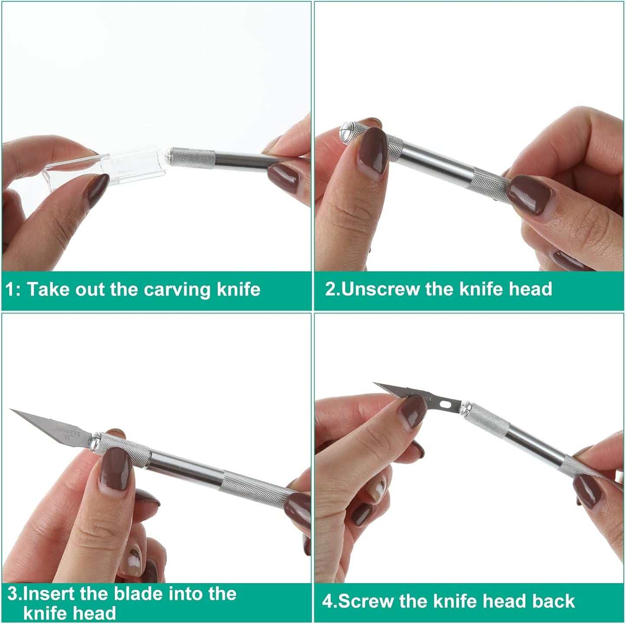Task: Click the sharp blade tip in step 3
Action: (x=11, y=409)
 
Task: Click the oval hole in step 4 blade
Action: (x=446, y=404)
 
